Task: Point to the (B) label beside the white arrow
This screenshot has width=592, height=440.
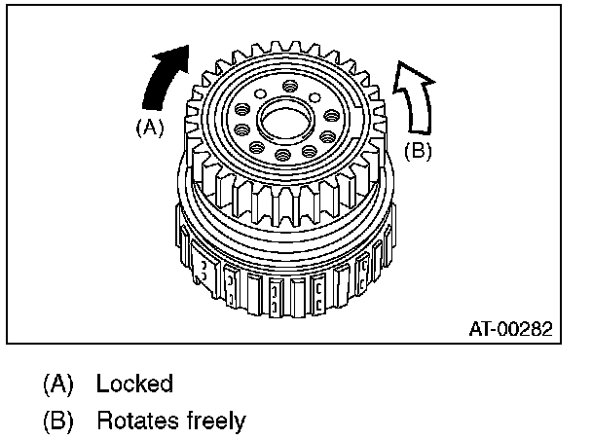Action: tap(418, 150)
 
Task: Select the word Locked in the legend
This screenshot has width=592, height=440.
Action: tap(134, 383)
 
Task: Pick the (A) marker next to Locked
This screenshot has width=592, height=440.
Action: tap(56, 383)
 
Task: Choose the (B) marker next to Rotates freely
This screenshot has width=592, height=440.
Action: tap(56, 421)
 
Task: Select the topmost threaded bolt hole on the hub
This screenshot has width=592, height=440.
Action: tap(291, 85)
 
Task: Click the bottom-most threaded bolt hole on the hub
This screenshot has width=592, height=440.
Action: tap(282, 154)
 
